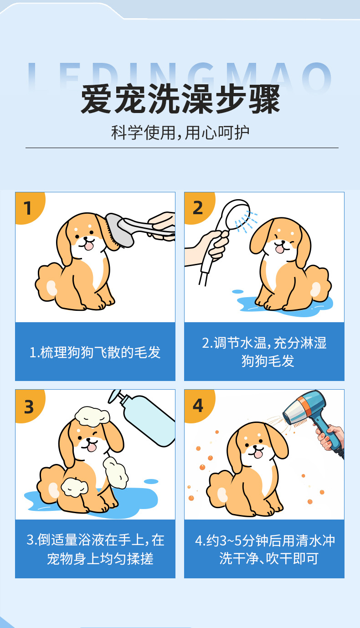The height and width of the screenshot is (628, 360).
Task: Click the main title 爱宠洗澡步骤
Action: pos(180,99)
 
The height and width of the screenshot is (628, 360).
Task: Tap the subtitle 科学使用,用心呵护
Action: pos(180,132)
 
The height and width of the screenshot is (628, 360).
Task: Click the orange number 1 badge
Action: pos(29,207)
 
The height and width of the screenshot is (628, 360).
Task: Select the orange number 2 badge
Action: pos(199,207)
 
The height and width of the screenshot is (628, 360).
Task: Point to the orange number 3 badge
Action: pos(29,406)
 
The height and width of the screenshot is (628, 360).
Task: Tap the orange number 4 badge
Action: pos(199,406)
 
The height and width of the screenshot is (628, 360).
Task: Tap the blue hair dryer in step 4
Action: pos(312,415)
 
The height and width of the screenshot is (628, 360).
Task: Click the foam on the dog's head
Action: pos(92,417)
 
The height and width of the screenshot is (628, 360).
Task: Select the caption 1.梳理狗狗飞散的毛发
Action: pos(95,352)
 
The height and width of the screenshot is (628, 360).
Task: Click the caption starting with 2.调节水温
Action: pos(264,351)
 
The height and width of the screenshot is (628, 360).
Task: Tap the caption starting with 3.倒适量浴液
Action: pos(95,549)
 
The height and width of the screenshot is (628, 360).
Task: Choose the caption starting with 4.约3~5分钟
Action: pos(265,549)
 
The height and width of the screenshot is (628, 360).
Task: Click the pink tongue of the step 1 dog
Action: pos(89,246)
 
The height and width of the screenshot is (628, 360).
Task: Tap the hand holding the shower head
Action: pos(207,247)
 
